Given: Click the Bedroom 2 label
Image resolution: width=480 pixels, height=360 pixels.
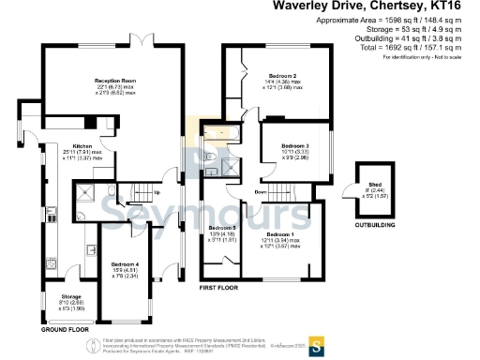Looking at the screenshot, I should tap(282, 76).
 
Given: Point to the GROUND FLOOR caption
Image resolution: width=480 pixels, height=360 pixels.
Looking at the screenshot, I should tap(66, 331).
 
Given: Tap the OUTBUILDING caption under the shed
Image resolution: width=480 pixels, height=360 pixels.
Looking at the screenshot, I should tap(374, 226).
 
